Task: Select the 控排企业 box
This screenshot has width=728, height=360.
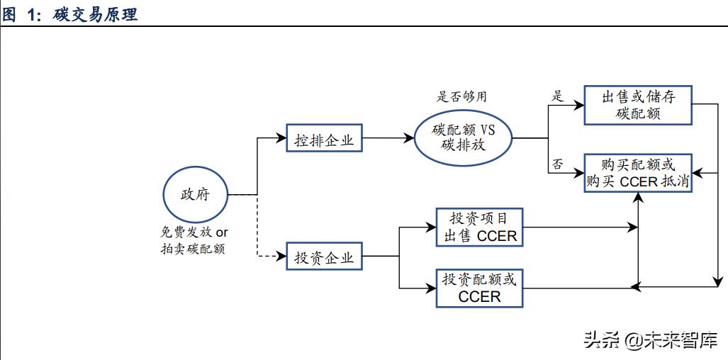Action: coord(324,140)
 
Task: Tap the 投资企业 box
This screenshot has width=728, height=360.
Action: coord(324,257)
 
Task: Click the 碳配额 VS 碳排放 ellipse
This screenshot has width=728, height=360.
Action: coord(463,138)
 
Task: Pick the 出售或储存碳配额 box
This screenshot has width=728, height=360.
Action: coord(637,106)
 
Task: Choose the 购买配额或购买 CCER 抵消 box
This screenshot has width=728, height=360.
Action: coord(637,173)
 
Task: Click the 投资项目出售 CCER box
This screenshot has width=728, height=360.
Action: coord(480,227)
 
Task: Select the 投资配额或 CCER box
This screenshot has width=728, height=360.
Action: coord(479,288)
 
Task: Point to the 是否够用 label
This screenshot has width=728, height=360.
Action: coord(462,96)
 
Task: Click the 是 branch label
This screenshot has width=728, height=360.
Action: coord(558,96)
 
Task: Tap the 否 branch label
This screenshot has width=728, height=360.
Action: coord(558,164)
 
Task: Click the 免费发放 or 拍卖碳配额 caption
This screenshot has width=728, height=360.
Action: coord(194,241)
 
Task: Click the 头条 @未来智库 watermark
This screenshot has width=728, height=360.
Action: coord(650,339)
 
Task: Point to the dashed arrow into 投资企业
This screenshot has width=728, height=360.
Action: coord(269,256)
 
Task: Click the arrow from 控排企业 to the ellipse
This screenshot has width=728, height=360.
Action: coord(387,139)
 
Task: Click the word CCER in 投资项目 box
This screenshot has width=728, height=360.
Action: coord(497,236)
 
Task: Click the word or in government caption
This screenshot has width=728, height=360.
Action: coord(222,232)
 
